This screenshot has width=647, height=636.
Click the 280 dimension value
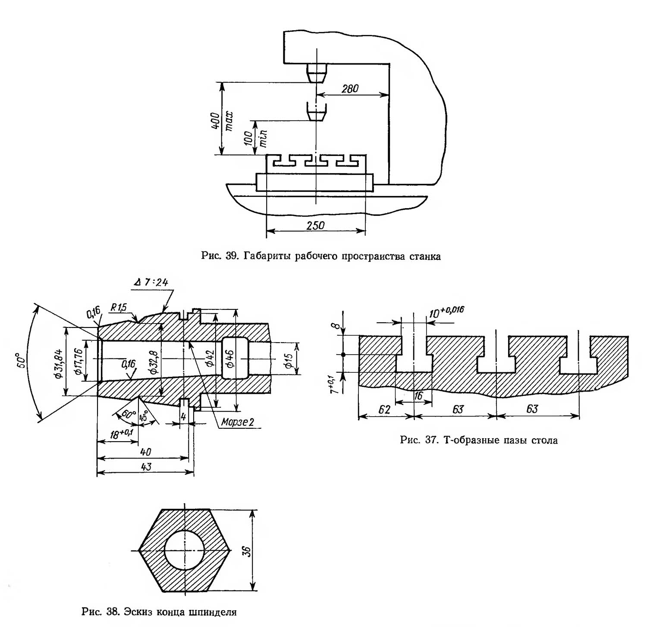coord(350,89)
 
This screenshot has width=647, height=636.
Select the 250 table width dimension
coord(315,225)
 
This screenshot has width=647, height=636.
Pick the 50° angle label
coord(21,360)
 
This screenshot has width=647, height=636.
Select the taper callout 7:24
coord(151,282)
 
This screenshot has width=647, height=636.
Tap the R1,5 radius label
coord(119,308)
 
